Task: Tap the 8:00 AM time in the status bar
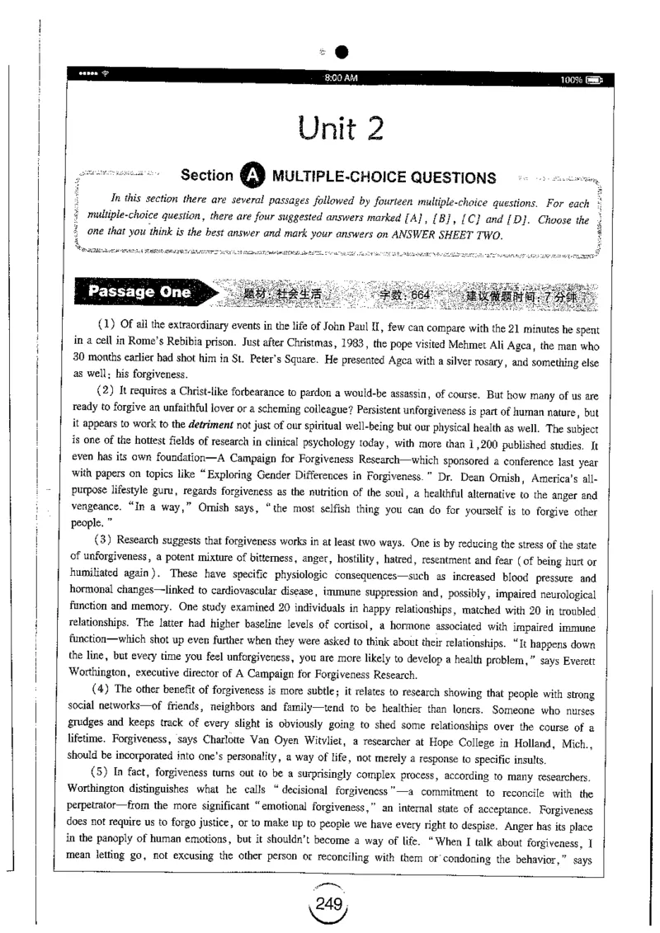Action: [342, 78]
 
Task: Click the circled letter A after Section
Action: [252, 177]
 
